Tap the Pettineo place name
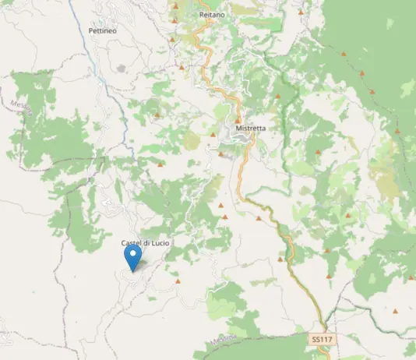103,30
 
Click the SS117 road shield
321,340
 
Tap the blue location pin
133,258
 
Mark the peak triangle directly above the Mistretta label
237,119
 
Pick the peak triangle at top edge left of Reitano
175,6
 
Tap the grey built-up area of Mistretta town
241,139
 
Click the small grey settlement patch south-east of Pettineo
121,69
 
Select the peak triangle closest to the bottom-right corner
395,311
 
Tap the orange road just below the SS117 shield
323,353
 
